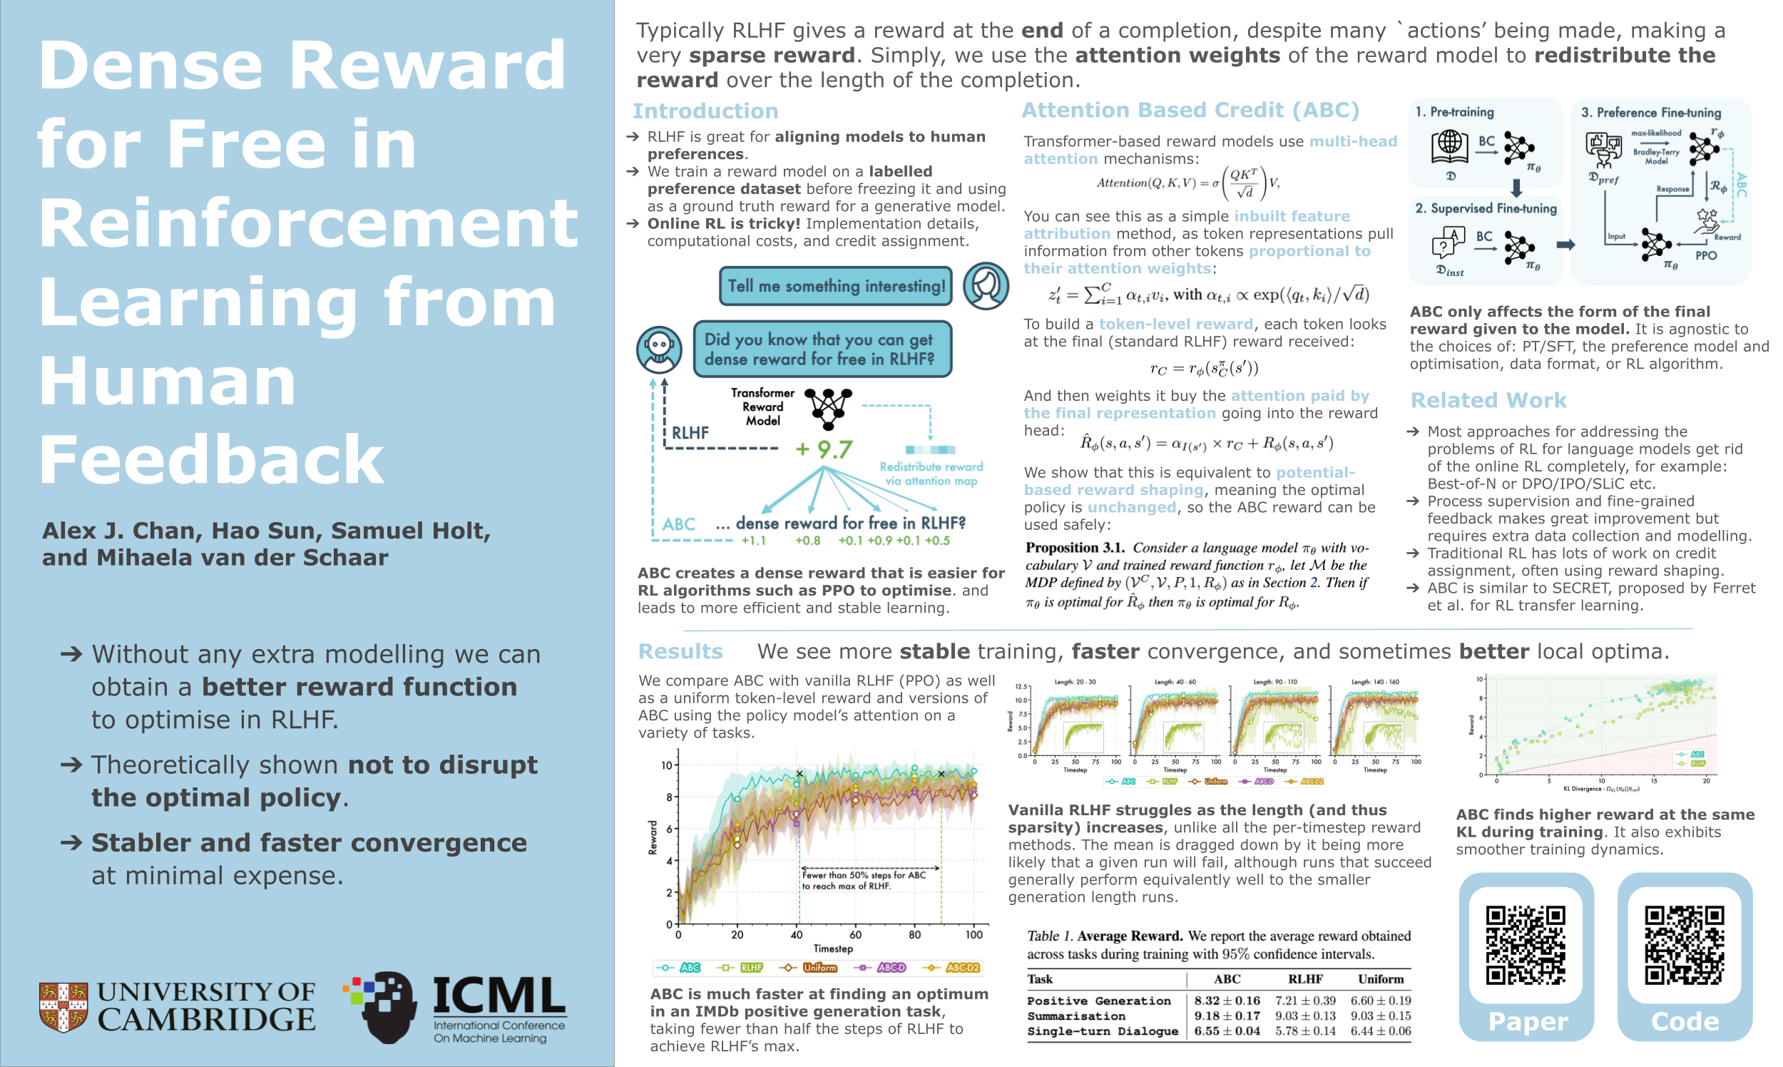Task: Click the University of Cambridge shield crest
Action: click(63, 1006)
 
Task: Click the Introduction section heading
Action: click(705, 111)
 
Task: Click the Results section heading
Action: click(680, 650)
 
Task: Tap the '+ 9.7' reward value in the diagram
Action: click(824, 449)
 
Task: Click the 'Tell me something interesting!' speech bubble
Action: click(835, 285)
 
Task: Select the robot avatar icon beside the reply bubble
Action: click(658, 349)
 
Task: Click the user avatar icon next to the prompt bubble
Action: click(985, 285)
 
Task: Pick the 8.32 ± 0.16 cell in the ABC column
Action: click(1227, 1000)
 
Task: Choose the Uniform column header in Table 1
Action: click(1379, 979)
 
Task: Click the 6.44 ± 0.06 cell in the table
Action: click(1379, 1031)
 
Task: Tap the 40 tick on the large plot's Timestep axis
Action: click(797, 935)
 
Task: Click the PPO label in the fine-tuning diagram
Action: click(1705, 255)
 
